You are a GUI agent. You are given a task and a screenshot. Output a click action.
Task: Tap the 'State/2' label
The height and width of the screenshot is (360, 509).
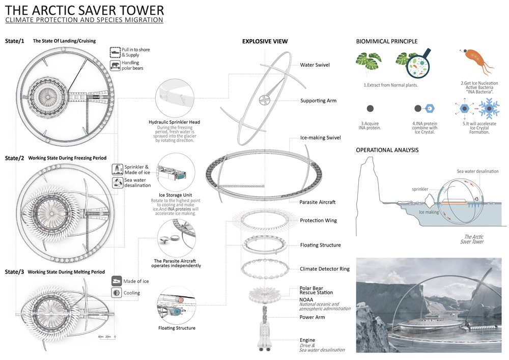coord(15,158)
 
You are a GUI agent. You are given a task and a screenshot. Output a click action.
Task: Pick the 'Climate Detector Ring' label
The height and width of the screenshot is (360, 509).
coord(325,269)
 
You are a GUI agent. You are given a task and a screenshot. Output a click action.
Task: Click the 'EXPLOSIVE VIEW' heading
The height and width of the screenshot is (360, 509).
coord(265,41)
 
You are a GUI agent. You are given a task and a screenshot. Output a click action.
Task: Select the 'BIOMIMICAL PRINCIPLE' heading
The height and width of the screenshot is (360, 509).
coord(387,41)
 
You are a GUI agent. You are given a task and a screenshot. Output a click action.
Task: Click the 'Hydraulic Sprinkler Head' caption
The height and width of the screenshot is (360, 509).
coord(174,122)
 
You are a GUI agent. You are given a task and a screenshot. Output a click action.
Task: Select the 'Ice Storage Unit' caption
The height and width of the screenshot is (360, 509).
coord(176,195)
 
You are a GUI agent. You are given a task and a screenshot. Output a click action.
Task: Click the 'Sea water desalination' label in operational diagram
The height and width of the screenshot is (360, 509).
coord(477,172)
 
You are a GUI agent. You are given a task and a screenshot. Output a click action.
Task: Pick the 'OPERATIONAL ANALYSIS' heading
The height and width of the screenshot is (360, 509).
coord(387,150)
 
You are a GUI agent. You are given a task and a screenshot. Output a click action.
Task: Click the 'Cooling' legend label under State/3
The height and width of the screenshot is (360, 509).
coord(132,293)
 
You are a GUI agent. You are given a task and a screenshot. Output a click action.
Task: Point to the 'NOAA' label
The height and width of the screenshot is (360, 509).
coord(307,300)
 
